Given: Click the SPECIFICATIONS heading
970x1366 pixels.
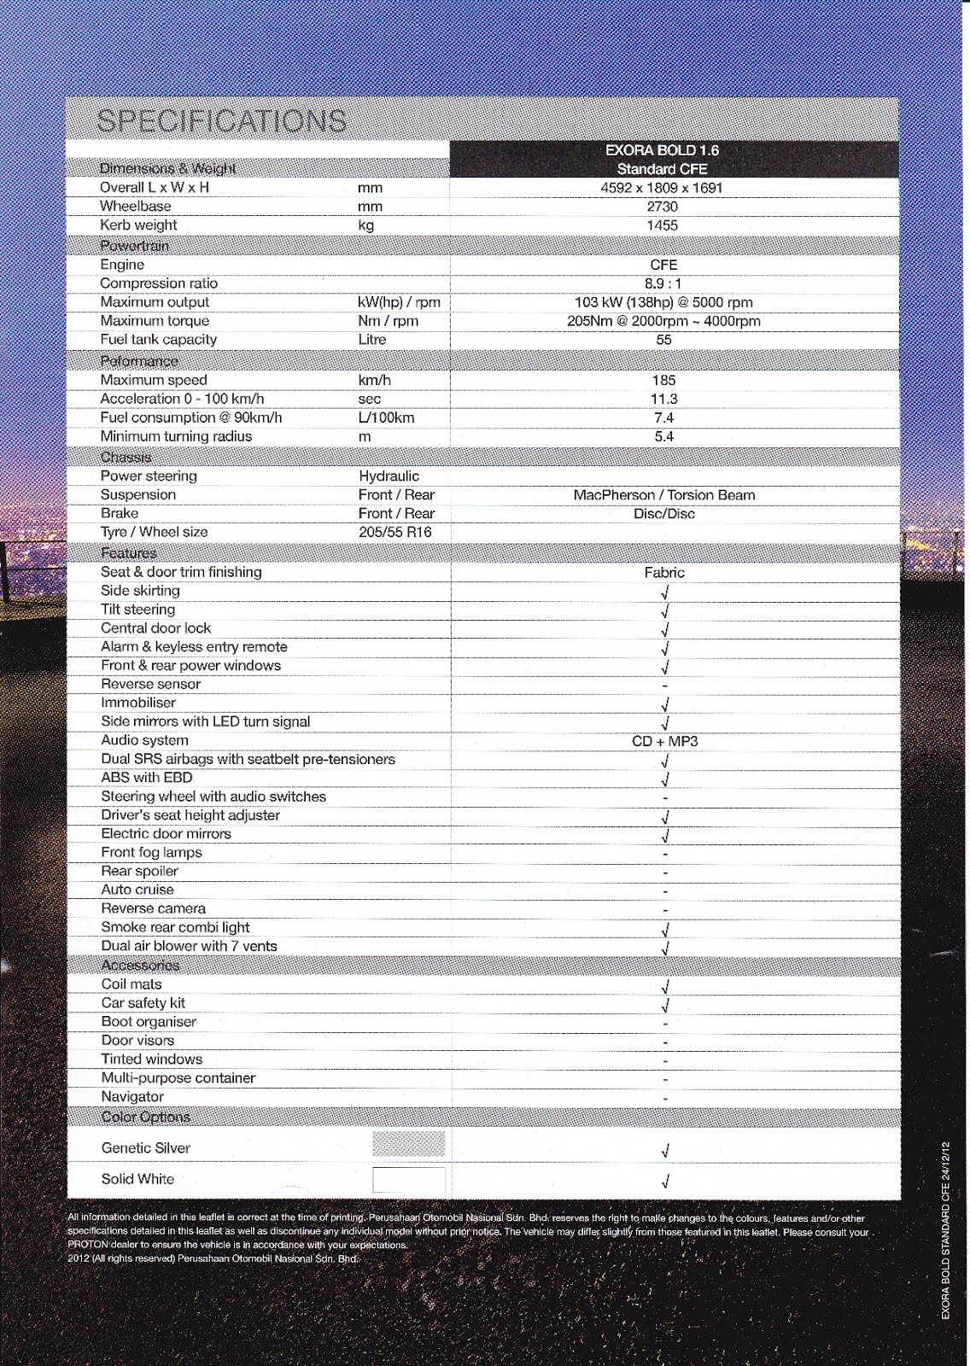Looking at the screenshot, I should pyautogui.click(x=222, y=120).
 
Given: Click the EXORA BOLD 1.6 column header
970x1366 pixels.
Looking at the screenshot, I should pyautogui.click(x=662, y=150).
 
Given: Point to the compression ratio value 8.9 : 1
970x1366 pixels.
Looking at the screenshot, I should pyautogui.click(x=663, y=283).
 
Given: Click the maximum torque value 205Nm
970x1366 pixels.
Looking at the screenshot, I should pyautogui.click(x=663, y=321).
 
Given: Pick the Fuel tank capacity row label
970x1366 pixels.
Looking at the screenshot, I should pyautogui.click(x=158, y=340).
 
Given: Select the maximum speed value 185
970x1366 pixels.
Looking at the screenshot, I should pyautogui.click(x=663, y=380).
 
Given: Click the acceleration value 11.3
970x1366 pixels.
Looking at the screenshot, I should pyautogui.click(x=663, y=399).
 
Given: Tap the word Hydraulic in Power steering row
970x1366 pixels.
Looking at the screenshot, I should pyautogui.click(x=389, y=476).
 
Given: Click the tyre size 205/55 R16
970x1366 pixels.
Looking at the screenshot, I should pyautogui.click(x=395, y=532).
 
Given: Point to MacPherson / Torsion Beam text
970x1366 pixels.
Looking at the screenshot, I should pyautogui.click(x=663, y=495).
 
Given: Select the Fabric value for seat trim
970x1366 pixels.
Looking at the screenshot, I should pyautogui.click(x=663, y=573).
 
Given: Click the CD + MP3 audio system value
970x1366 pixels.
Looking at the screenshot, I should pyautogui.click(x=664, y=741).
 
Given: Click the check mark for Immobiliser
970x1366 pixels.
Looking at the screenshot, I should pyautogui.click(x=664, y=704).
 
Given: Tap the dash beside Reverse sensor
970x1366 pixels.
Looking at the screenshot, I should pyautogui.click(x=664, y=686).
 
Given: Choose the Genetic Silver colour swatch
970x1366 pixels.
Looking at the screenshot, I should pyautogui.click(x=409, y=1144).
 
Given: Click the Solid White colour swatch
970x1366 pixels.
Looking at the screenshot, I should pyautogui.click(x=409, y=1180).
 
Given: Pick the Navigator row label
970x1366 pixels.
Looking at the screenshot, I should pyautogui.click(x=132, y=1097).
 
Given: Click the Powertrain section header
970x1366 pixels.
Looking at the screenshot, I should pyautogui.click(x=134, y=246).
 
